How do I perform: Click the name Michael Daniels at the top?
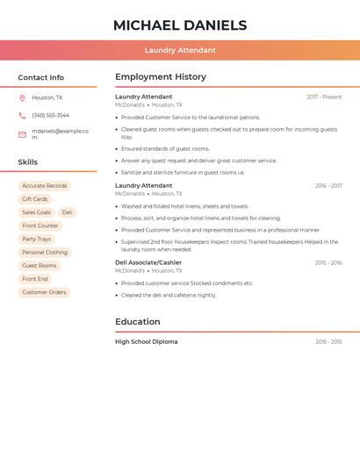[180, 25]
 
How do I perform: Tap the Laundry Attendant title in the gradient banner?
[180, 50]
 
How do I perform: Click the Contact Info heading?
[41, 77]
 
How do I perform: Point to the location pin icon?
[22, 98]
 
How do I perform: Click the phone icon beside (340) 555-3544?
[22, 116]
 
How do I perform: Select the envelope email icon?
[22, 134]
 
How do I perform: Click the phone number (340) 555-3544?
[51, 116]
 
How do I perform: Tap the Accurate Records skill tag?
[45, 186]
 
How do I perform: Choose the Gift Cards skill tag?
[35, 199]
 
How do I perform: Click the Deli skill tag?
[68, 212]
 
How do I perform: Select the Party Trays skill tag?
[37, 239]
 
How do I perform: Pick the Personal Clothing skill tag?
[45, 253]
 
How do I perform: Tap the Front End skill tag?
[35, 279]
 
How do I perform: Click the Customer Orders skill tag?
[44, 292]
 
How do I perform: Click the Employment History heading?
[161, 77]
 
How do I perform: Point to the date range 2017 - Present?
[324, 97]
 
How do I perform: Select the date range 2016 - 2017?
[328, 186]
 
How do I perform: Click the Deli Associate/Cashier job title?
[148, 262]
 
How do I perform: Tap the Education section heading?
[138, 322]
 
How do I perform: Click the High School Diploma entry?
[146, 341]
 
